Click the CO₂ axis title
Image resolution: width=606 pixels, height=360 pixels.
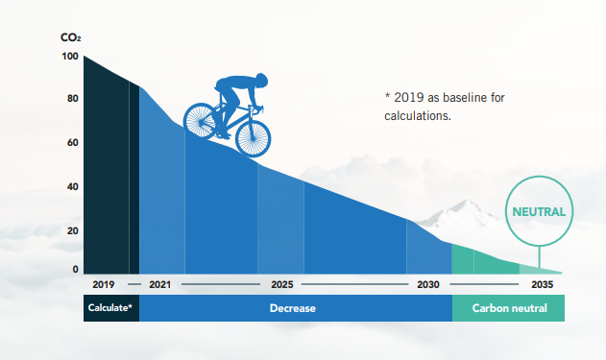tap(71, 38)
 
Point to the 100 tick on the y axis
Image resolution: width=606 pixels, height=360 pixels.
tap(71, 56)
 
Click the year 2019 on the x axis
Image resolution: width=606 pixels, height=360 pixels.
tap(104, 285)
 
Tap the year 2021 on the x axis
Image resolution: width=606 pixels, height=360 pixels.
tap(160, 285)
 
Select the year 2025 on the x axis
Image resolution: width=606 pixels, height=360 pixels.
tap(281, 285)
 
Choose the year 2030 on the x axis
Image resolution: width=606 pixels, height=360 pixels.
tap(428, 285)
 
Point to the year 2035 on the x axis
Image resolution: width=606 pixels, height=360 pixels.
tap(542, 285)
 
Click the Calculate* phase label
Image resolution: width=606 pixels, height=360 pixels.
tap(110, 308)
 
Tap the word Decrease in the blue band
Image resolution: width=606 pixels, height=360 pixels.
tap(294, 308)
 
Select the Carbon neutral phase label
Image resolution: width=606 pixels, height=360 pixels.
tap(509, 308)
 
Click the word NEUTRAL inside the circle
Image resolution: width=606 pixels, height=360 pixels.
tap(538, 212)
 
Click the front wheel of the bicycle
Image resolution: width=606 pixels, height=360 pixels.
tap(255, 135)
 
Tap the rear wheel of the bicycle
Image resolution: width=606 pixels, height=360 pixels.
tap(203, 121)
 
